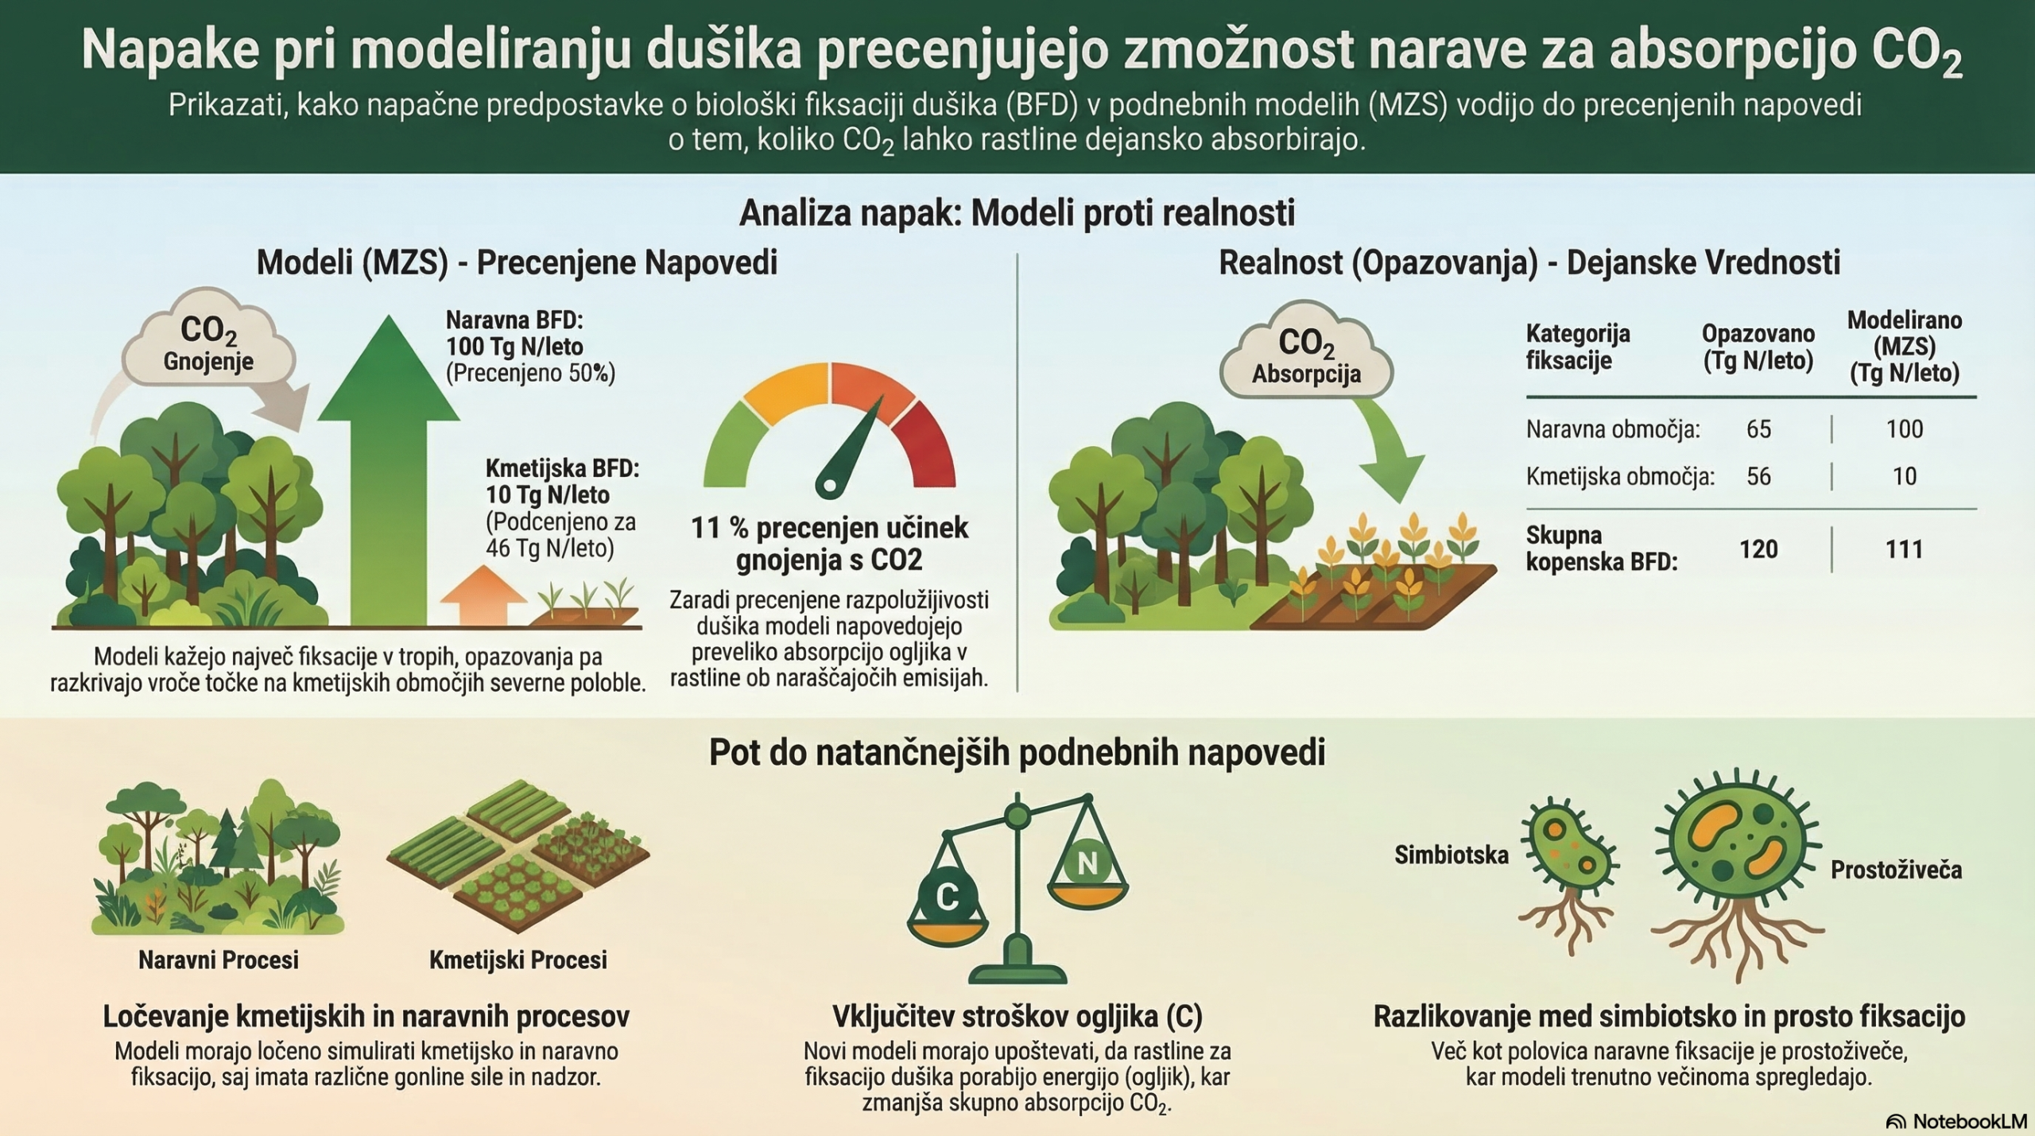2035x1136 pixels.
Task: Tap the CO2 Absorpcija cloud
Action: (1306, 351)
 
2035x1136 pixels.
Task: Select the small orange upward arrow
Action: (483, 595)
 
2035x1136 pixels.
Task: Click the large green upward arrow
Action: (389, 469)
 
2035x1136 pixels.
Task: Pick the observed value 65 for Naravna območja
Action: (1758, 429)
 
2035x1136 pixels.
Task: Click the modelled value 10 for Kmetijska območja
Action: (1904, 476)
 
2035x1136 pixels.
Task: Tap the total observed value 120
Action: (1758, 549)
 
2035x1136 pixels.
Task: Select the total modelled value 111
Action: (1904, 549)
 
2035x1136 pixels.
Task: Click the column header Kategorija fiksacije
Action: (1578, 347)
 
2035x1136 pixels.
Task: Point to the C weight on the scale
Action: (947, 896)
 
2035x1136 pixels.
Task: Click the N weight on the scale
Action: (1087, 863)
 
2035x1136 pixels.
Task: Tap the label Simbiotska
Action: (1452, 855)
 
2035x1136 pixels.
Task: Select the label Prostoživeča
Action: (1896, 870)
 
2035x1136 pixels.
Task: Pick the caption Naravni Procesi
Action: (219, 960)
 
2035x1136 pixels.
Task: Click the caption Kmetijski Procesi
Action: (518, 960)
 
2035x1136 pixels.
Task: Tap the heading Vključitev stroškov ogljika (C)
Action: (1017, 1016)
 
